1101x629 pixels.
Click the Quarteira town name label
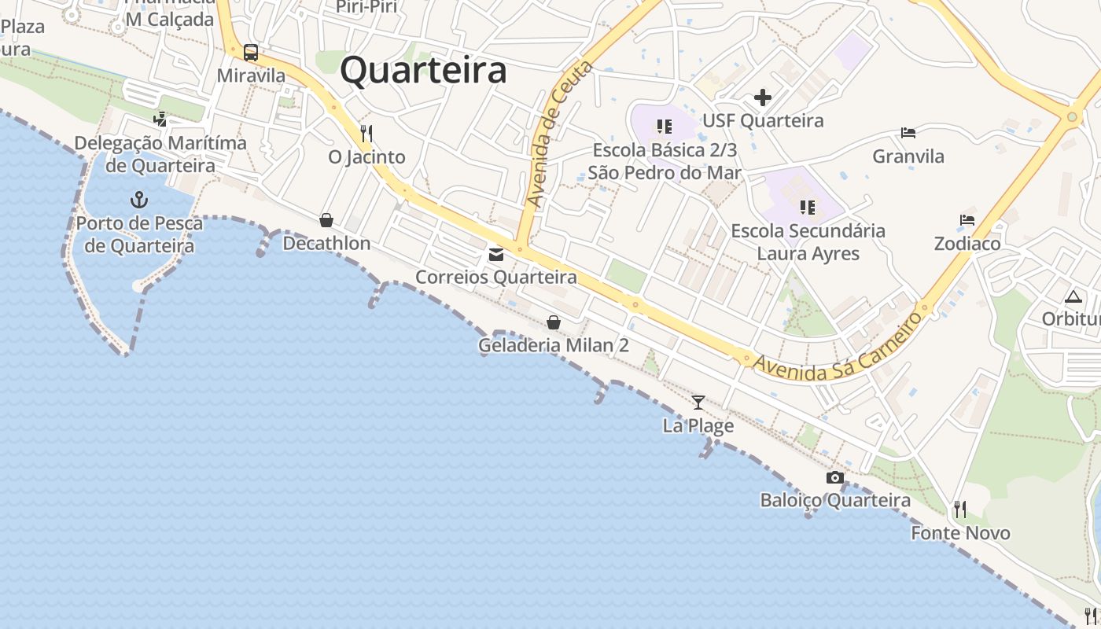pyautogui.click(x=423, y=70)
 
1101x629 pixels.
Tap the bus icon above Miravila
pyautogui.click(x=251, y=53)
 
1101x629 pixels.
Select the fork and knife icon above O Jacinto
pyautogui.click(x=366, y=133)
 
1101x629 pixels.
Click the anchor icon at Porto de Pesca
pyautogui.click(x=139, y=199)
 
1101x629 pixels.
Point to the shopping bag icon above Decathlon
pyautogui.click(x=326, y=220)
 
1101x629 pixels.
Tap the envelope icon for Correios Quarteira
pyautogui.click(x=496, y=254)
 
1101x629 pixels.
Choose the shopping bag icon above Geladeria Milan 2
pyautogui.click(x=554, y=322)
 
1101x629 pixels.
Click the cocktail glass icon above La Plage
pyautogui.click(x=698, y=403)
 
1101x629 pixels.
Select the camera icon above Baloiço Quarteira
pyautogui.click(x=835, y=477)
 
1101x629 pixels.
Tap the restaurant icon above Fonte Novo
pyautogui.click(x=959, y=509)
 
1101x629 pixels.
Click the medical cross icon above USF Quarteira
pyautogui.click(x=762, y=97)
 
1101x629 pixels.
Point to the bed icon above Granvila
pyautogui.click(x=908, y=133)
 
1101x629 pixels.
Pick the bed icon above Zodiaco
pyautogui.click(x=967, y=220)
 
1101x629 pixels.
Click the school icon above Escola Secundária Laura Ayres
pyautogui.click(x=807, y=208)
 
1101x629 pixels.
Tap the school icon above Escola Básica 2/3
pyautogui.click(x=665, y=127)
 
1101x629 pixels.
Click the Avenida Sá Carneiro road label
pyautogui.click(x=838, y=349)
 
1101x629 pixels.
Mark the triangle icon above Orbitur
pyautogui.click(x=1073, y=297)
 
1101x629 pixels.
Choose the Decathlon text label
pyautogui.click(x=326, y=244)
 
